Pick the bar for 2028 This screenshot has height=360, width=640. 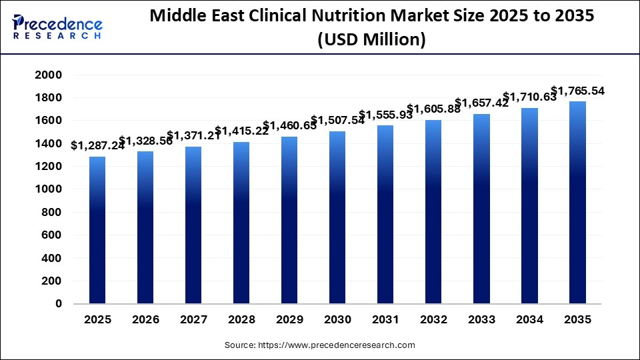tap(241, 223)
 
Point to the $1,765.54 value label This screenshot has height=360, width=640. tap(577, 91)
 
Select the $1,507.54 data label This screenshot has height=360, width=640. tap(337, 121)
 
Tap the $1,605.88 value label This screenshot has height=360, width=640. tap(433, 109)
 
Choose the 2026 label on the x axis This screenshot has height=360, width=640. tap(145, 320)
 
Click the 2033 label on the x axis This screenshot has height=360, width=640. tap(481, 320)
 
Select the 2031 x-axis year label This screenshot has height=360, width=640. tap(385, 320)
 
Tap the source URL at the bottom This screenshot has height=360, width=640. tap(319, 345)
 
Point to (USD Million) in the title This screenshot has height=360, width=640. tap(371, 40)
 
